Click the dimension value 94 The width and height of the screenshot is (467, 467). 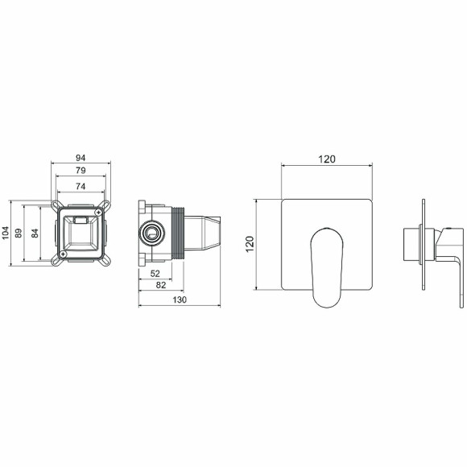81,158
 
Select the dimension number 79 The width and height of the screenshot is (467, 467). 81,171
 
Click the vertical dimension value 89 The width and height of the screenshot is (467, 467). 19,233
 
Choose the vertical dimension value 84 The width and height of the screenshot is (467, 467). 34,233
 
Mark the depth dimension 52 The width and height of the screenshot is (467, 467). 155,274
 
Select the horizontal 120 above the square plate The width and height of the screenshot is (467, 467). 326,159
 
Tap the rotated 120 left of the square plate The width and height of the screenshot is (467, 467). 250,244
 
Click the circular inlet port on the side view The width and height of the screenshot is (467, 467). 150,233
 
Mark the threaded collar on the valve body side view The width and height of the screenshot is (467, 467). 177,233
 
